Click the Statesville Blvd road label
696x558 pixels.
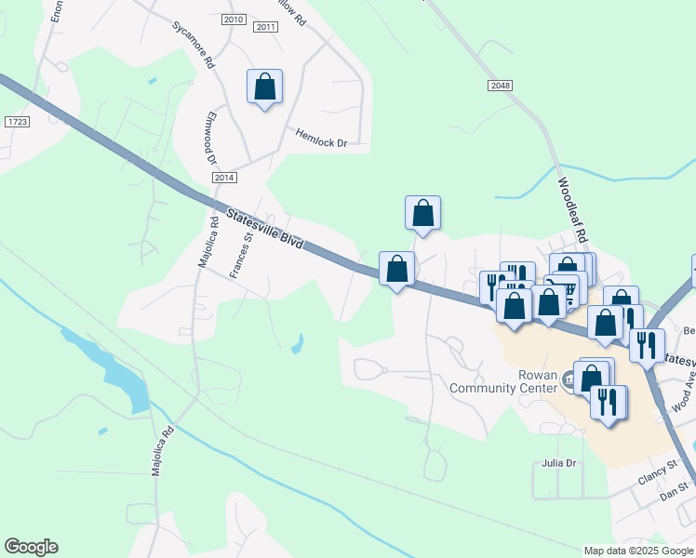265,230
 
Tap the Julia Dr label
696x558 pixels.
559,462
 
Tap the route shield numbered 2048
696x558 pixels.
500,86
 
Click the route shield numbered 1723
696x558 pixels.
17,122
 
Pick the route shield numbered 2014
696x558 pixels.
224,177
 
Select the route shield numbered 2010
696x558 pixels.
234,20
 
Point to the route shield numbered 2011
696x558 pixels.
265,27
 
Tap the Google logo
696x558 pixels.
31,547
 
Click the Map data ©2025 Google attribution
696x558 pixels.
638,551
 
